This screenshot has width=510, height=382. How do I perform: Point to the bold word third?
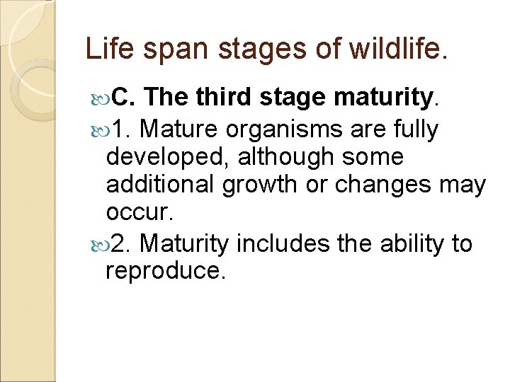[x=225, y=98]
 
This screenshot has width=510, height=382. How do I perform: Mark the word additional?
[x=161, y=185]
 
